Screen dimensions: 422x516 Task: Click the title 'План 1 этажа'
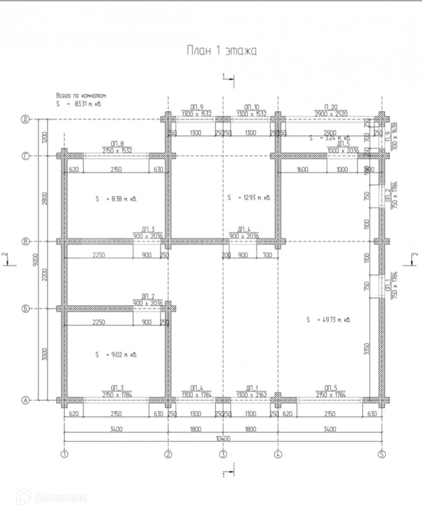click(221, 51)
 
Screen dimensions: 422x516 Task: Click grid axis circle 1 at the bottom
click(64, 454)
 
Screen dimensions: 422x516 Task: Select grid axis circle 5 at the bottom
click(381, 454)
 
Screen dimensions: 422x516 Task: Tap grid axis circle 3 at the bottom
click(223, 454)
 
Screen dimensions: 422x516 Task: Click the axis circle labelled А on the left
click(25, 400)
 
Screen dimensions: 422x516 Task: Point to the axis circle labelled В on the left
click(25, 242)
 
